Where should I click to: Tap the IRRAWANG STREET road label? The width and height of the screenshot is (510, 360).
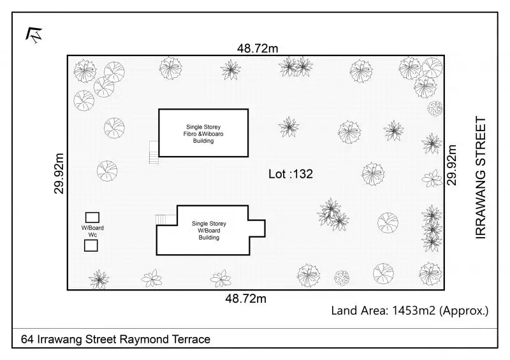pyautogui.click(x=481, y=178)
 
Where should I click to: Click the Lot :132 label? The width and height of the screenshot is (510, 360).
pyautogui.click(x=290, y=173)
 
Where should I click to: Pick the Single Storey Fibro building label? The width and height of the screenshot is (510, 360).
pyautogui.click(x=203, y=133)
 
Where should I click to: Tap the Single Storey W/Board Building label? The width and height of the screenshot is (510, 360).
pyautogui.click(x=209, y=231)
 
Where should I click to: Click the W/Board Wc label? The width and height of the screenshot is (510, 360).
pyautogui.click(x=92, y=231)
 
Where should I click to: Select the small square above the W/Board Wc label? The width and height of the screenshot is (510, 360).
pyautogui.click(x=92, y=217)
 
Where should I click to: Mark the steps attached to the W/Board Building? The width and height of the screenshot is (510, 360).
pyautogui.click(x=166, y=220)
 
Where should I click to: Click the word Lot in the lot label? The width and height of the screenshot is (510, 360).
pyautogui.click(x=277, y=173)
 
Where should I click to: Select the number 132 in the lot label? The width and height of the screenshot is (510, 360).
pyautogui.click(x=302, y=173)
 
